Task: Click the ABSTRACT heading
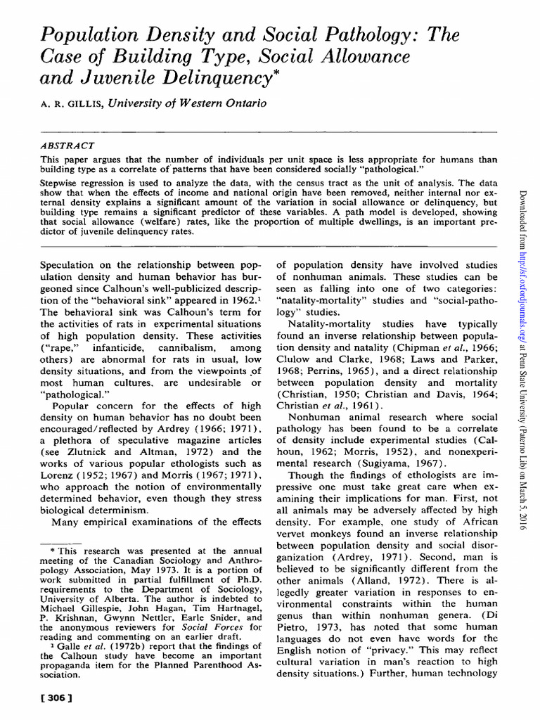coord(68,145)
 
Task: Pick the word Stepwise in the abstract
coord(60,181)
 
